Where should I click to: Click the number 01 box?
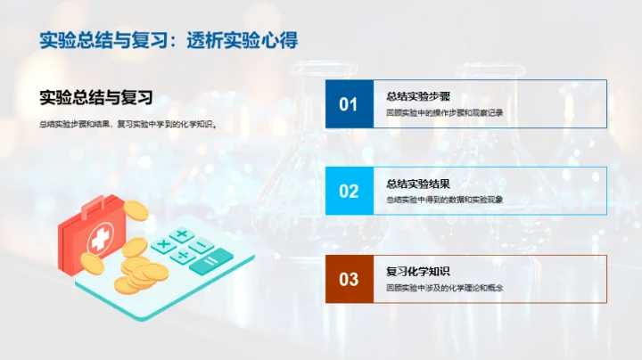349,104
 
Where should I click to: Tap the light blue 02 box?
349,191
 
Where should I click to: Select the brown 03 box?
349,279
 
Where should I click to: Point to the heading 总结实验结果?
413,184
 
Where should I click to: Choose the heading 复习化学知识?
413,272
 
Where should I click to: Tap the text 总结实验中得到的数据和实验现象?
444,200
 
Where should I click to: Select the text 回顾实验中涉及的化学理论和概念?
444,288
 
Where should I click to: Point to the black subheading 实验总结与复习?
97,98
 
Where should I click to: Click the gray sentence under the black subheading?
129,125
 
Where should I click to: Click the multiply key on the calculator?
162,244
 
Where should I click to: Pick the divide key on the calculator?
182,257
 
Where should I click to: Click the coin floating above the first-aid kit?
135,210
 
